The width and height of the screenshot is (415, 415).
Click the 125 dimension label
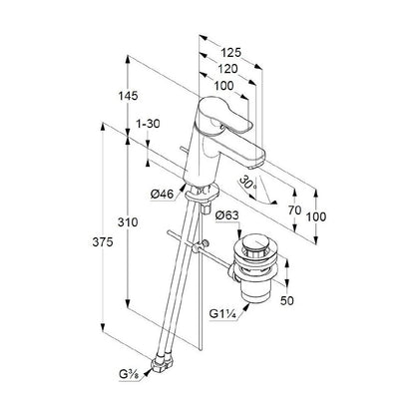pos(231,53)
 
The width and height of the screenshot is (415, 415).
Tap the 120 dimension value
pos(228,69)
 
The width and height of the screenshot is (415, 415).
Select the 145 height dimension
pos(128,96)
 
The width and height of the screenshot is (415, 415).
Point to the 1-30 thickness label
pos(148,124)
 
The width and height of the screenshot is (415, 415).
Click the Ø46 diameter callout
pos(162,194)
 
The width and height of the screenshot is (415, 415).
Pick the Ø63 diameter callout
pos(227,215)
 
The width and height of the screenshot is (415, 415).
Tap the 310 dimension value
pos(128,222)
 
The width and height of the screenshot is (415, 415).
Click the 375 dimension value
pos(103,242)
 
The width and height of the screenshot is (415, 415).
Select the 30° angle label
pos(248,183)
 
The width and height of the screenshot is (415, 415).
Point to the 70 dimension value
pos(294,210)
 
